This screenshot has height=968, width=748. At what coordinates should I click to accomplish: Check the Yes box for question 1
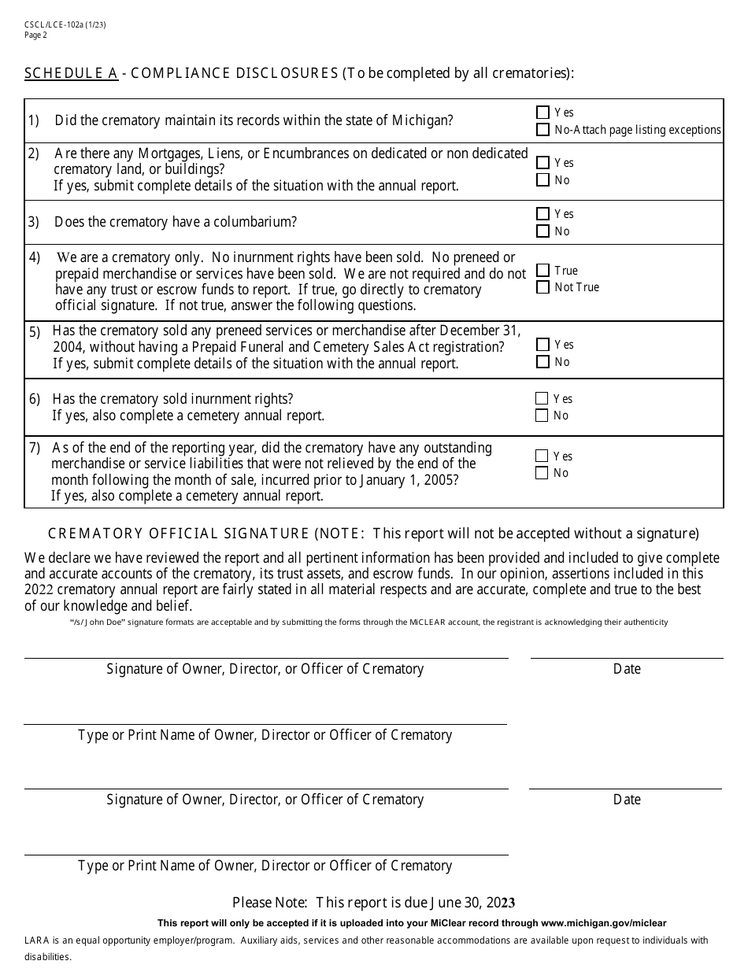(542, 113)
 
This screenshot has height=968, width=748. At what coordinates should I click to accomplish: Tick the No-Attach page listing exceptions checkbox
(542, 130)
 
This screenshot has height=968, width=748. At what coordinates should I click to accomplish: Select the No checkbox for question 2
(542, 180)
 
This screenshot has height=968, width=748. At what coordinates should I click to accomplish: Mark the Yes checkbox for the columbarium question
(542, 214)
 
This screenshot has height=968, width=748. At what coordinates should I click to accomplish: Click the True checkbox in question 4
(542, 271)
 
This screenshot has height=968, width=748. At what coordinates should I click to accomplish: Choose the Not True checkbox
(542, 287)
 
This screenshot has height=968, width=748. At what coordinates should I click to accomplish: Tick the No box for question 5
(542, 362)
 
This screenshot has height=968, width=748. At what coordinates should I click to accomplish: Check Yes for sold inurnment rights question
(542, 399)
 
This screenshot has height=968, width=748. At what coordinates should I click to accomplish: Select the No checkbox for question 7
(542, 473)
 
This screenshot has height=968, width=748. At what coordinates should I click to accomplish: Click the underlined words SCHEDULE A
(71, 74)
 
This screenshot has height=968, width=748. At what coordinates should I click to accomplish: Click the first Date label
(627, 669)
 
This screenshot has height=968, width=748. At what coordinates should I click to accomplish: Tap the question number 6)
(35, 399)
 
